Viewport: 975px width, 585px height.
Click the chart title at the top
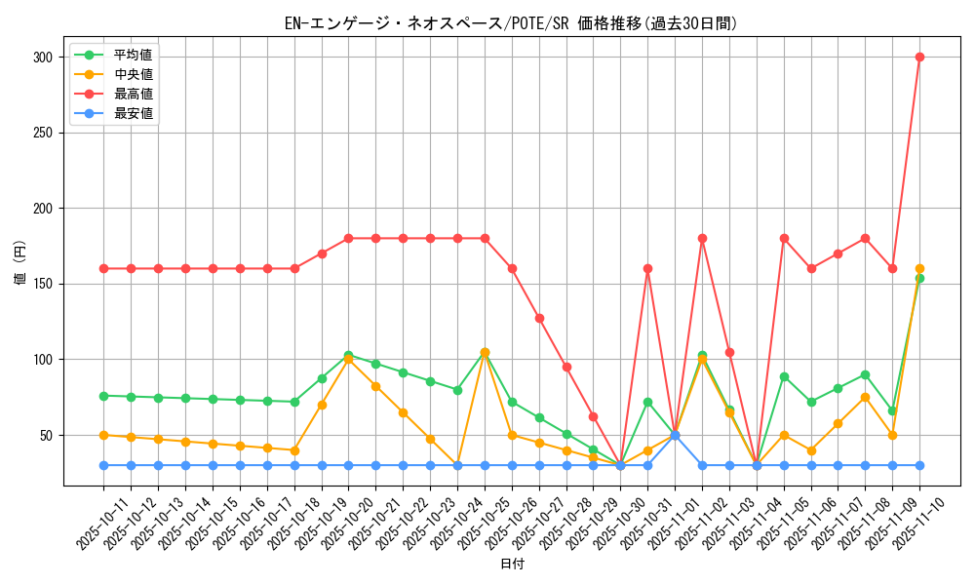click(x=511, y=23)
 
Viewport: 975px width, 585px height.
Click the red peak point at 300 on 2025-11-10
click(x=919, y=57)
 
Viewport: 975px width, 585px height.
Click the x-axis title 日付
click(x=512, y=565)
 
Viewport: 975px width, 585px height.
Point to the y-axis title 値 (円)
click(x=20, y=264)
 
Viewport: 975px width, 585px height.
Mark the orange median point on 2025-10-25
click(x=485, y=352)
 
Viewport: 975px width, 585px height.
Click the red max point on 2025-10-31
click(x=647, y=268)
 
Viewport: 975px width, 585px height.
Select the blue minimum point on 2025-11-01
click(x=675, y=435)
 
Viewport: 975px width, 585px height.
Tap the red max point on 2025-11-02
click(x=702, y=238)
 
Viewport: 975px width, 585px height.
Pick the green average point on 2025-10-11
click(x=103, y=396)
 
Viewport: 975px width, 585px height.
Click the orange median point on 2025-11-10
click(x=919, y=268)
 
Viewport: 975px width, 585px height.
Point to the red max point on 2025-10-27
click(x=539, y=318)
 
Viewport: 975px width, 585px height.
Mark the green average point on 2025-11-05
click(x=784, y=376)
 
